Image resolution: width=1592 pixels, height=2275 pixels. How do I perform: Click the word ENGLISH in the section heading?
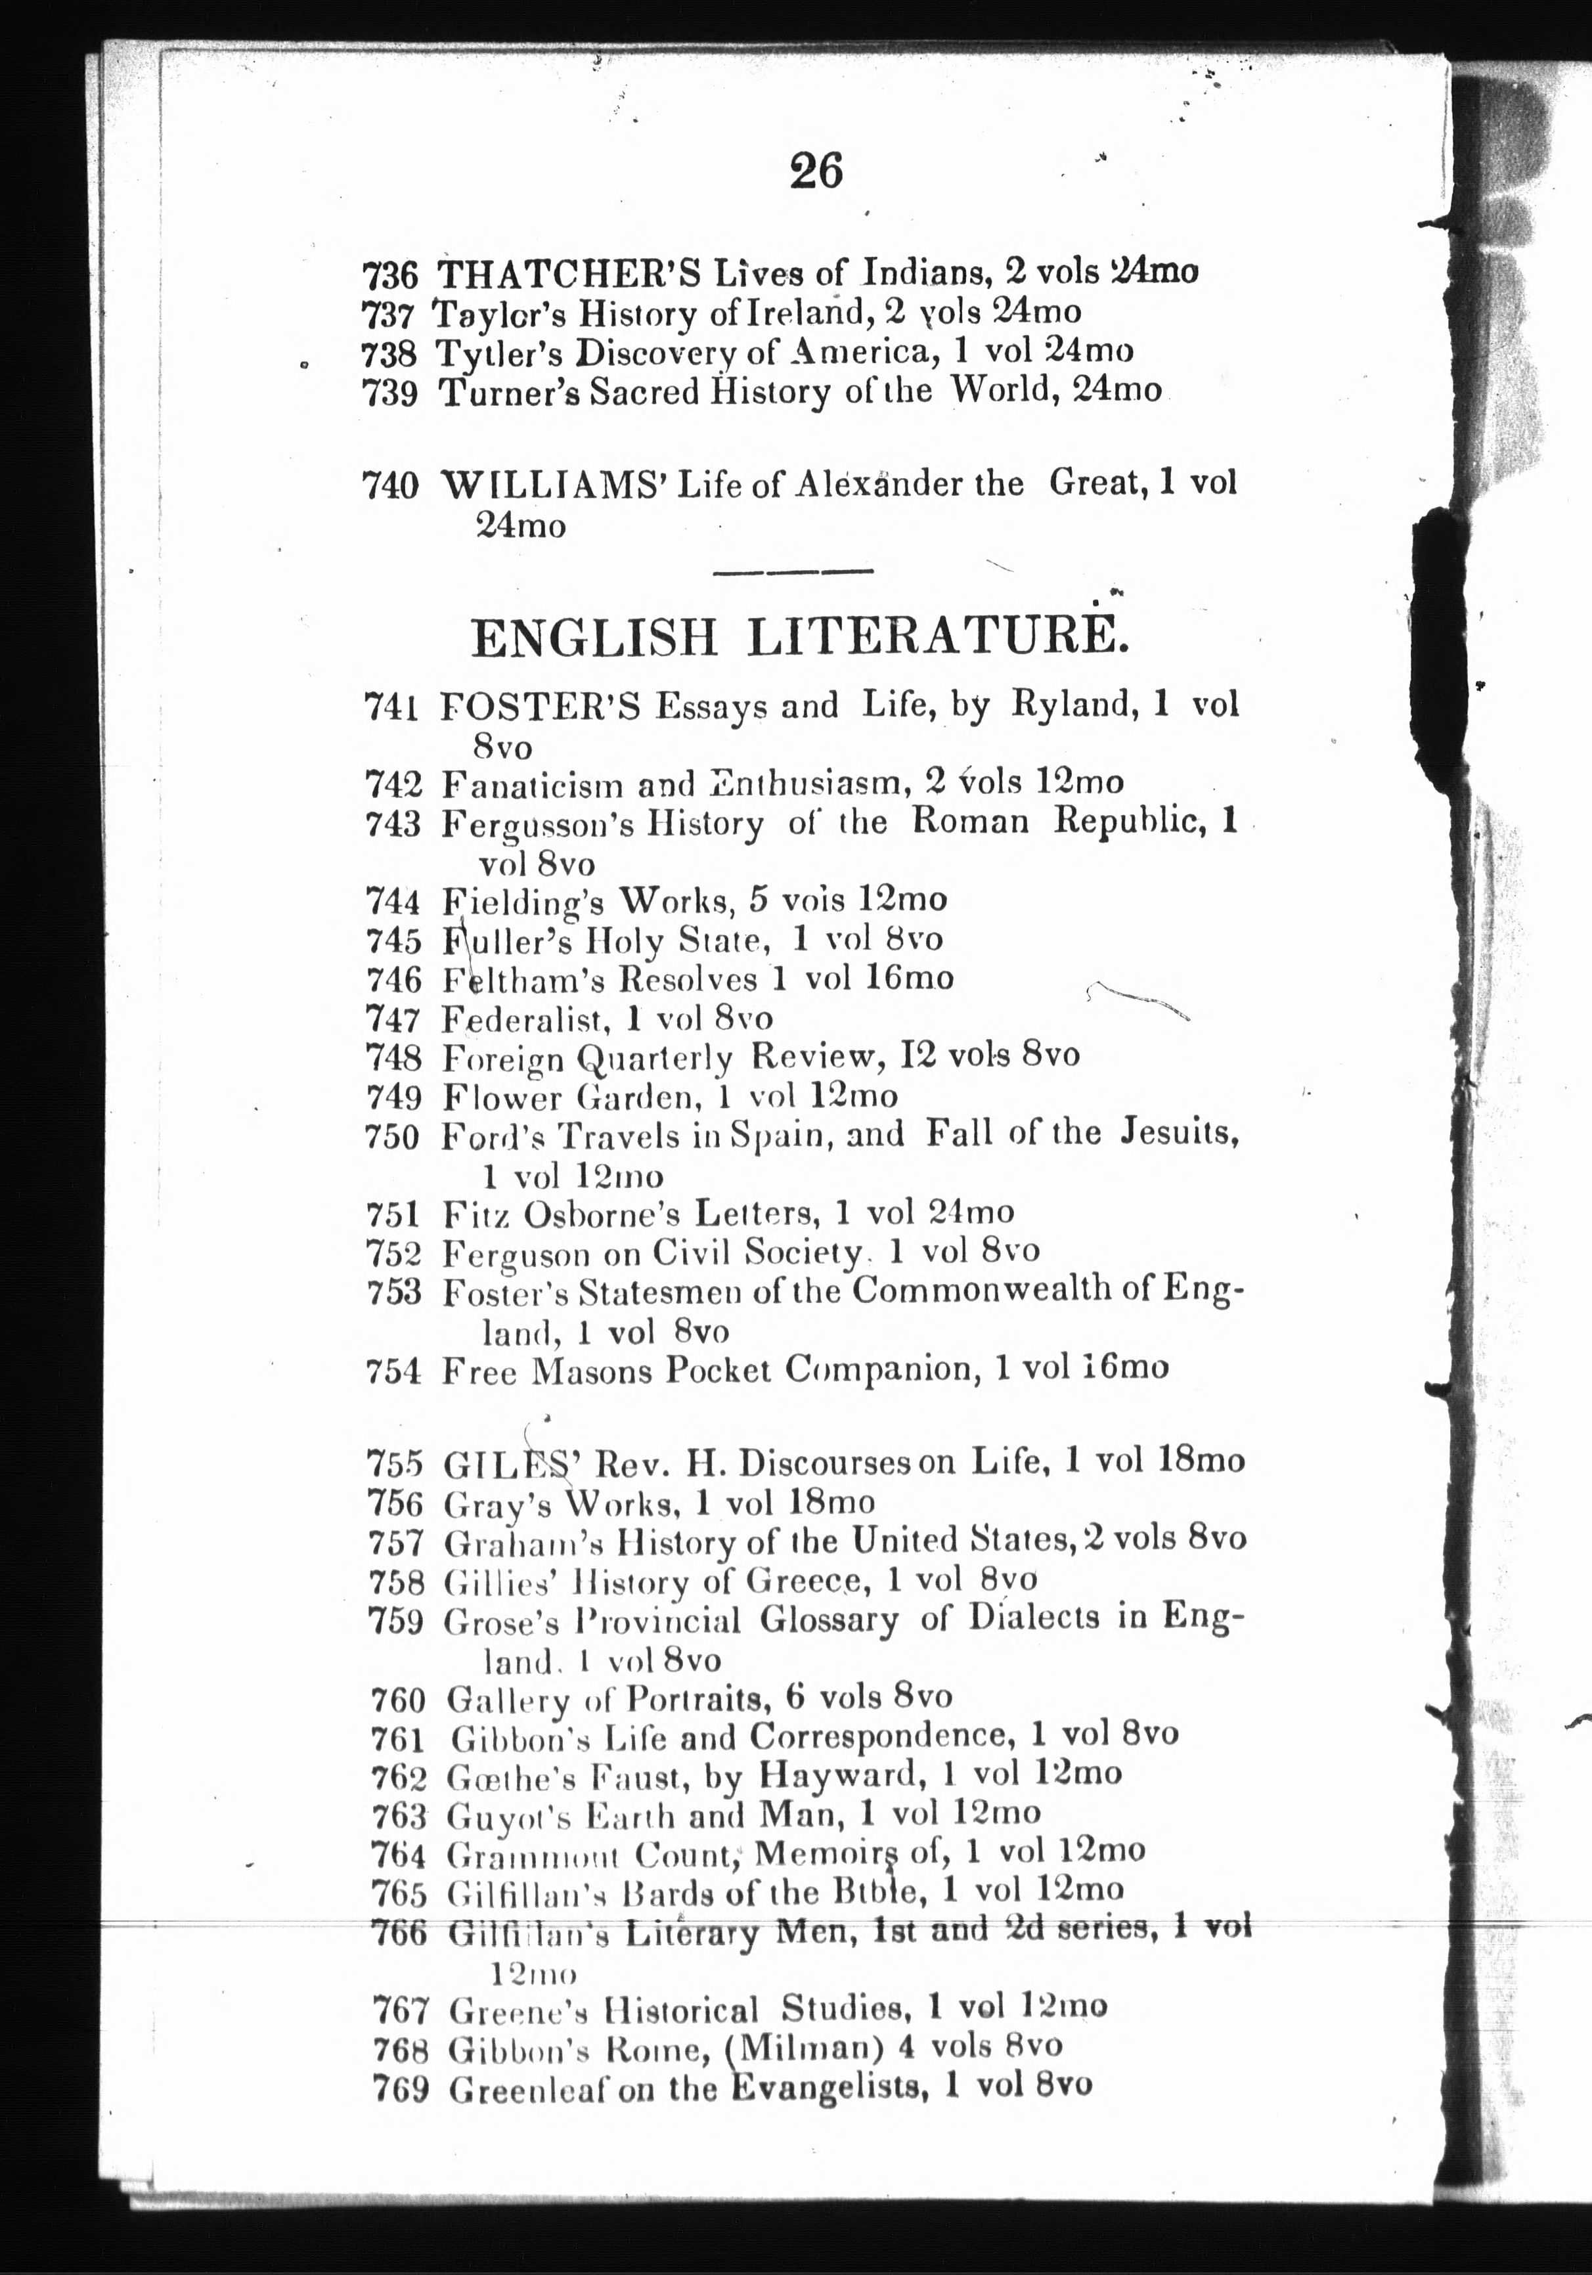pos(594,637)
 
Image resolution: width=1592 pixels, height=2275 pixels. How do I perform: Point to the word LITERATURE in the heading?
pos(936,637)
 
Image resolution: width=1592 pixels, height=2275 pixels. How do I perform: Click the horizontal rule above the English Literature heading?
pos(793,571)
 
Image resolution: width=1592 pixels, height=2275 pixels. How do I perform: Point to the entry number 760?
pos(397,1699)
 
